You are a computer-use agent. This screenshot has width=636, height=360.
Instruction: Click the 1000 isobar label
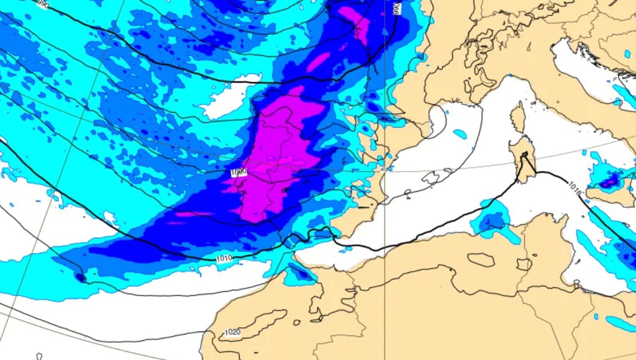pos(238,172)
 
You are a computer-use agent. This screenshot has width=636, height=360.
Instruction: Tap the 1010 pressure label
pos(225,258)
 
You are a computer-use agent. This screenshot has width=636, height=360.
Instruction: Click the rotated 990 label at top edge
pos(396,9)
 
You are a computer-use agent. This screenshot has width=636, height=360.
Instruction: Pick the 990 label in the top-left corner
pos(42,4)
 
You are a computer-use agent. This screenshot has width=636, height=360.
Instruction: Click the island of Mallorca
pos(433,178)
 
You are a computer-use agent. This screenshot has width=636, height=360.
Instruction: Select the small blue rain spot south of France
pos(460,133)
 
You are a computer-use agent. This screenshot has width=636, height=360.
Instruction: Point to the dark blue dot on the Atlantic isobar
pos(81,277)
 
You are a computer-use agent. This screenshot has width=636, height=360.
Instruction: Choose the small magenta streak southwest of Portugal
pos(189,215)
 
